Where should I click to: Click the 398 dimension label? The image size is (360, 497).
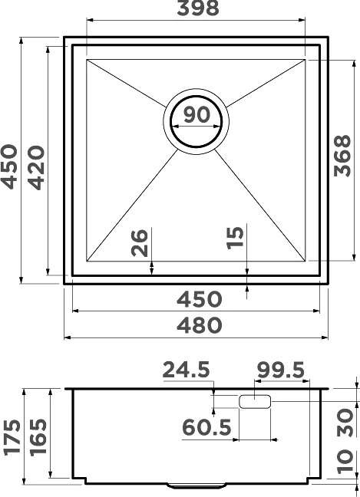198,8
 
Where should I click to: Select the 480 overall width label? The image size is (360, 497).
199,325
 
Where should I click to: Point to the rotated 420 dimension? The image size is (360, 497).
35,168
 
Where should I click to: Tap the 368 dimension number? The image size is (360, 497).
342,156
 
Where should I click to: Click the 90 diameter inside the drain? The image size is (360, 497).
197,115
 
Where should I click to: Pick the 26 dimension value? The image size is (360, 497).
140,243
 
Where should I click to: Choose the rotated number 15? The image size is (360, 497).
235,238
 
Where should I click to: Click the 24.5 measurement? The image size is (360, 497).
186,370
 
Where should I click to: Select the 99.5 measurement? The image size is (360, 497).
281,370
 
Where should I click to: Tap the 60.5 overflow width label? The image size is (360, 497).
206,427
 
